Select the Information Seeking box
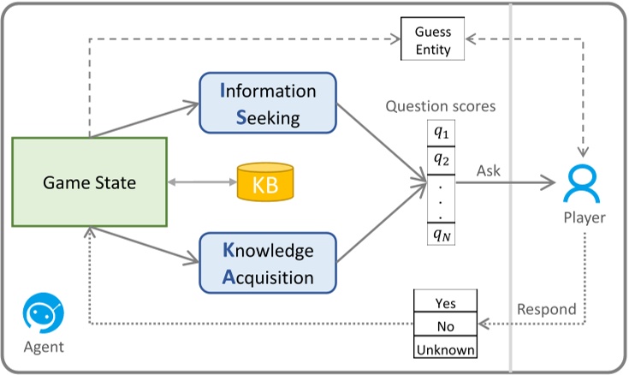(x=267, y=104)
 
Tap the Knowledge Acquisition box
(x=267, y=264)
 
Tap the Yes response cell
(x=445, y=303)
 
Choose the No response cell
(x=445, y=326)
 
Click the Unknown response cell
(x=445, y=349)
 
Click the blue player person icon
(x=583, y=182)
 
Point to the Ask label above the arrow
(x=489, y=170)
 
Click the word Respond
(x=545, y=309)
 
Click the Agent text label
(x=43, y=348)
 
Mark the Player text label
(x=584, y=217)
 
